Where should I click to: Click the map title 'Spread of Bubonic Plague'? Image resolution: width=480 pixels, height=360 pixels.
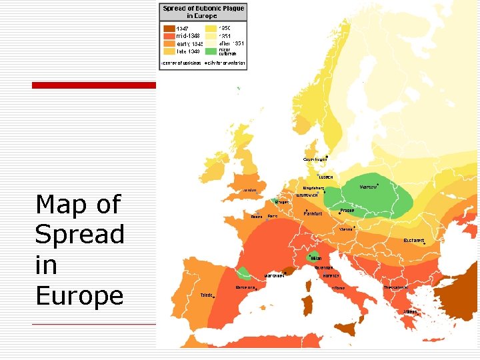point(203,8)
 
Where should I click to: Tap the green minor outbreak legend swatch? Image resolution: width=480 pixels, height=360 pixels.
point(211,51)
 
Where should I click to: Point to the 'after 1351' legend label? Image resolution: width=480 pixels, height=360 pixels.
point(231,43)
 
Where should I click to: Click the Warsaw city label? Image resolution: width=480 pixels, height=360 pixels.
point(369,187)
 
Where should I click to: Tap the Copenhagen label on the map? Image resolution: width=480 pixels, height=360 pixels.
point(315,159)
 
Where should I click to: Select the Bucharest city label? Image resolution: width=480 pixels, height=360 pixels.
point(414,240)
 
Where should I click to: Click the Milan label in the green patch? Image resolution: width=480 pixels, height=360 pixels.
point(316,258)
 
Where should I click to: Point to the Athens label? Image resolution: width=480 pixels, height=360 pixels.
point(410,311)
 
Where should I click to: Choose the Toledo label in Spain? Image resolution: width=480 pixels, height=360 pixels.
point(207,295)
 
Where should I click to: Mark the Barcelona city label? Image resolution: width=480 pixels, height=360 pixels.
point(245,288)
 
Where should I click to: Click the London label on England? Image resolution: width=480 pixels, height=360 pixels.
point(249,190)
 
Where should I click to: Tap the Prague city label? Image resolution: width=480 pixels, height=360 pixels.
point(347,210)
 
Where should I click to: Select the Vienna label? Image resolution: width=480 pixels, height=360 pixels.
point(346,229)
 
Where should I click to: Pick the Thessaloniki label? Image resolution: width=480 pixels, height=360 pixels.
point(395,287)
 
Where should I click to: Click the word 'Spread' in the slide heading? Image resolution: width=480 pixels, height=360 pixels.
point(79,234)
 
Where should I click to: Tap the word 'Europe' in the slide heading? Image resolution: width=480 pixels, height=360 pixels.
point(79,295)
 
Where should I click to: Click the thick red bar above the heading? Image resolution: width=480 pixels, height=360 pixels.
point(94,85)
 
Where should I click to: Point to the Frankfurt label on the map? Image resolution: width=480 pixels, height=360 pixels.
point(313,213)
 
